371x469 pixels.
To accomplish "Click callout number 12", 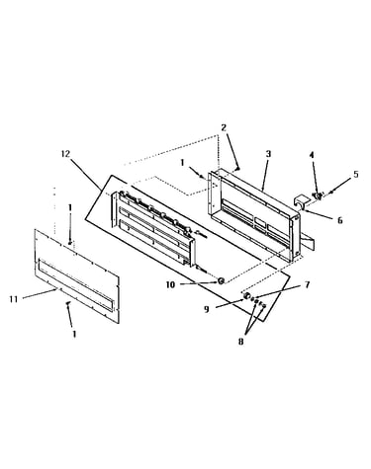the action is [65, 154].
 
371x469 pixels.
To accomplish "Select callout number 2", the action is [224, 127].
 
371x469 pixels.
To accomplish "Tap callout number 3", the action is [268, 154].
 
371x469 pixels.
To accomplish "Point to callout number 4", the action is [312, 155].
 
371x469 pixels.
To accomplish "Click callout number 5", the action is [356, 175].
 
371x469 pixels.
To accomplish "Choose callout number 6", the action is [340, 220].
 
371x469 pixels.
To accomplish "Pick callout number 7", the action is [308, 284].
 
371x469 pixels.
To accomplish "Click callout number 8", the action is [240, 342].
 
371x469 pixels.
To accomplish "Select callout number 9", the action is [207, 309].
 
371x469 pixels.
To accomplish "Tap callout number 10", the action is [170, 284].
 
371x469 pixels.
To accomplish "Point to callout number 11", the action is [14, 299].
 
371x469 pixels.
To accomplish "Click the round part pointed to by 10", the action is [221, 280].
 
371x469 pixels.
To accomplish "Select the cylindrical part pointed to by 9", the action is [246, 296].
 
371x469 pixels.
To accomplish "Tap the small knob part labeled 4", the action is [319, 196].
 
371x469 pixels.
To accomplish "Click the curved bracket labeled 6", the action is [301, 201].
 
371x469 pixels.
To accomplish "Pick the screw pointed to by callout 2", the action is [237, 169].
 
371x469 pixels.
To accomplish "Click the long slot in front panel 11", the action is [76, 284].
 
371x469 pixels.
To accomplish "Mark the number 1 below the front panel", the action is [74, 334].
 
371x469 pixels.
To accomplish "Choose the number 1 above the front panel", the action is [69, 207].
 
